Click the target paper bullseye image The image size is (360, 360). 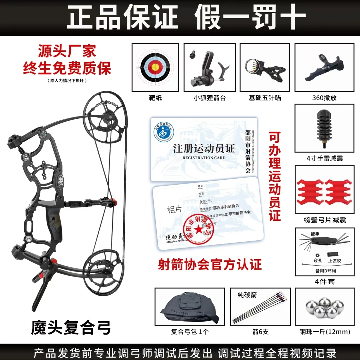coord(155,67)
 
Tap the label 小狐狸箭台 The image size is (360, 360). coord(210,98)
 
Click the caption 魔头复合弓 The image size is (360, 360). coord(71,328)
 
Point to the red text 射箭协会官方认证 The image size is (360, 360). coord(209,265)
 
